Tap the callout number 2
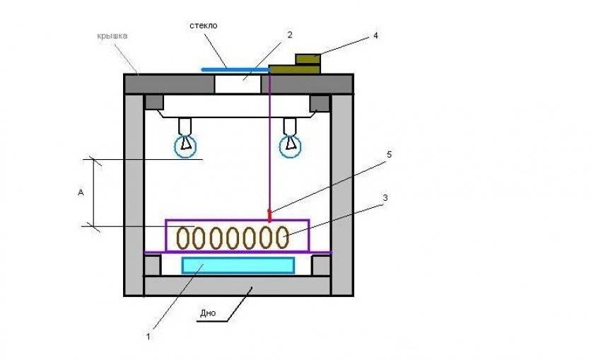(x=289, y=35)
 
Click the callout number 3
(x=385, y=199)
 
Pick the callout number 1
(x=148, y=337)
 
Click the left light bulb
(x=185, y=144)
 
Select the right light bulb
(x=289, y=144)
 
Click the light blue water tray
(x=238, y=265)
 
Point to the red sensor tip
(x=269, y=214)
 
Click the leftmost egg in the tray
(x=186, y=237)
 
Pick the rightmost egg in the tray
(x=282, y=237)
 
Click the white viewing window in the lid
(x=242, y=83)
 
